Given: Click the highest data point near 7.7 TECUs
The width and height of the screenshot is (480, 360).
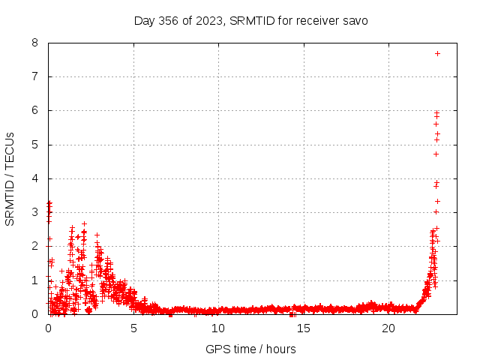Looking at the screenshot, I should coord(437,53).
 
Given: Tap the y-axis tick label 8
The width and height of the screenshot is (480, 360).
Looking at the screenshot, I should coord(35,43).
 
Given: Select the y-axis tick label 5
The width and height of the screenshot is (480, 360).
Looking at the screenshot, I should coord(35,144).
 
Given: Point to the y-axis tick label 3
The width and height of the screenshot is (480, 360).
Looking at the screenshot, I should coord(35,212).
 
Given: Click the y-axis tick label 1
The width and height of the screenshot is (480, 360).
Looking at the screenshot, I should coord(35,280).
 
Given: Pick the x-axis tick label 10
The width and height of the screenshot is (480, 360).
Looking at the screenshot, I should coord(218,328).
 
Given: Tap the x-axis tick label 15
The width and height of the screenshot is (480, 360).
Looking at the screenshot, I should coord(304,328).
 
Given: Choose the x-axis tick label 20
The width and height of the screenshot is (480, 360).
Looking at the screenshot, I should coord(388,328).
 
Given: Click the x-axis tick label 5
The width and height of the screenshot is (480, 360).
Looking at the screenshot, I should coord(133,328).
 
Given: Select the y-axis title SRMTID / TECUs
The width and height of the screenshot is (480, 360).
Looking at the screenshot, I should coord(10,178).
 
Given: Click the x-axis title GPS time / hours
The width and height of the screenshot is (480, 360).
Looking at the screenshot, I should coord(250,349).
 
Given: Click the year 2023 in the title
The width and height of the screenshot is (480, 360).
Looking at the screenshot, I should coord(211,20).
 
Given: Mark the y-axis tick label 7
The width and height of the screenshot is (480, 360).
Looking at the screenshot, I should coord(35,76).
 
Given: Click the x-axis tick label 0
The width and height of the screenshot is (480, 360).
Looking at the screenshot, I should coord(49,328).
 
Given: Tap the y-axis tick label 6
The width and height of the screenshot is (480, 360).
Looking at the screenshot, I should coord(35,110).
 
